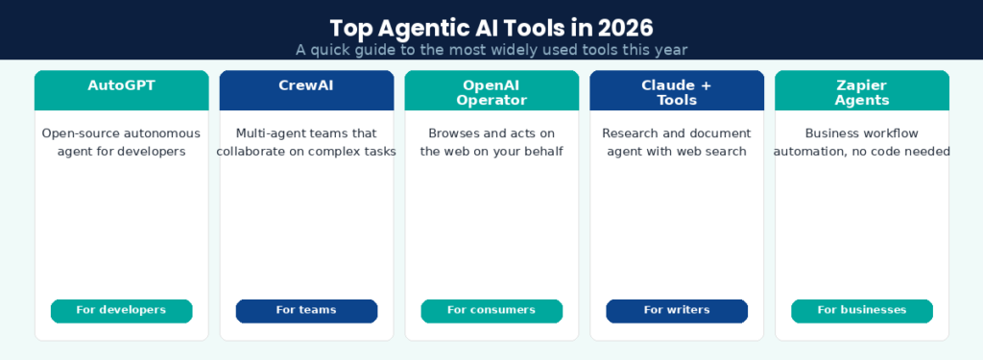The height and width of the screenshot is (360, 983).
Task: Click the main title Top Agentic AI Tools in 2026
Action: pos(491,26)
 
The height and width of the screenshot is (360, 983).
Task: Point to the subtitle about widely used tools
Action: pos(491,49)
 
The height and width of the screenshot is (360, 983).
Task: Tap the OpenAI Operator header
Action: pos(491,91)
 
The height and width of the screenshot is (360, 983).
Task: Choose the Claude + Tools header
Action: pos(677,91)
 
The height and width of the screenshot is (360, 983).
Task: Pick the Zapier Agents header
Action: pos(862,91)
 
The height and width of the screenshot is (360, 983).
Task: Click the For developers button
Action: pos(121,310)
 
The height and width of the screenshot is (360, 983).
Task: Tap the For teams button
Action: pos(306,310)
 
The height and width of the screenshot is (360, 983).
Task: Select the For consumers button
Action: pos(491,310)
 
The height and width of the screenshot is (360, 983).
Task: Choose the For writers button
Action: pos(677,310)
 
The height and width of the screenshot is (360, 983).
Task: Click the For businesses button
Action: pos(862,310)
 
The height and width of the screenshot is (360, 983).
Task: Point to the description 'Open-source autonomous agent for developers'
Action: pos(121,142)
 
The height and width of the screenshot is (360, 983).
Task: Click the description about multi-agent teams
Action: pos(306,142)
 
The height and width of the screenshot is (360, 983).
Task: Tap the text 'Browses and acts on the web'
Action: pos(491,142)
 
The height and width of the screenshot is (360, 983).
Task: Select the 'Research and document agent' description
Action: pos(677,142)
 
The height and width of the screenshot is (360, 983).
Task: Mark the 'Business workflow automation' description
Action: pos(862,142)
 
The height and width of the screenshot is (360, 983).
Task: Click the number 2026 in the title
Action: pos(625,26)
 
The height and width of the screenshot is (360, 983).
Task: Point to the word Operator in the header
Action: pos(491,100)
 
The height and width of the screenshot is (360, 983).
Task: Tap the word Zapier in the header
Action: pos(862,84)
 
